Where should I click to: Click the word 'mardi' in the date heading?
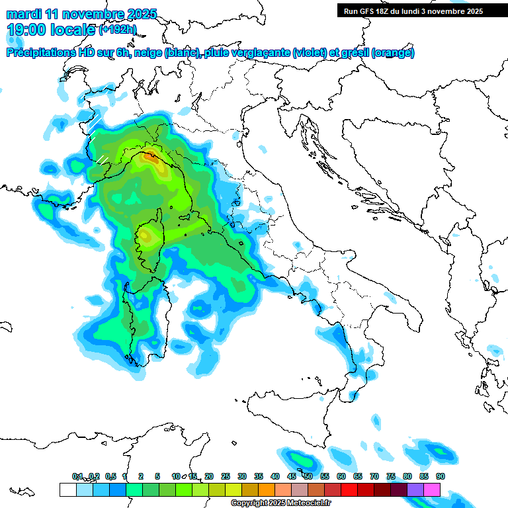[x=24, y=14]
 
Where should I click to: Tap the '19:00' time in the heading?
[x=26, y=30]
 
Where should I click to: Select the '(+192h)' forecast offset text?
[x=118, y=29]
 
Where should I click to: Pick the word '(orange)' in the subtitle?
[x=393, y=53]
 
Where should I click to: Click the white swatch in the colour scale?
[x=67, y=489]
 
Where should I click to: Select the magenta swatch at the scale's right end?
[x=432, y=489]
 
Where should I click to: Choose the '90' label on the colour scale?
[x=441, y=476]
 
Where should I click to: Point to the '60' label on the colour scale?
[x=341, y=476]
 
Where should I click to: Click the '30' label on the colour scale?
[x=242, y=476]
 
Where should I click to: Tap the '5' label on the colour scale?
[x=157, y=476]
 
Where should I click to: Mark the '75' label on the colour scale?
[x=391, y=476]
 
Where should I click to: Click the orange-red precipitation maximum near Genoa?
[x=151, y=157]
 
